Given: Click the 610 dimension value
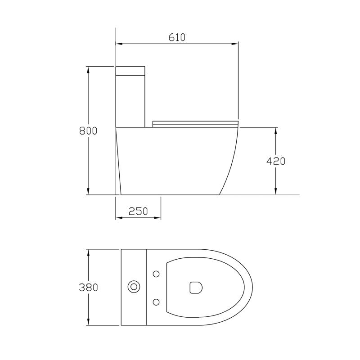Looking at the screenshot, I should pos(177,37).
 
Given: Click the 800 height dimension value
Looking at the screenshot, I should pos(88,131).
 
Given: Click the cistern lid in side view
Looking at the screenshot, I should pos(130,70).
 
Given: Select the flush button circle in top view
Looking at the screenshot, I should pos(134,287).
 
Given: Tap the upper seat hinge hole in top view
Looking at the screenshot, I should pos(156,273).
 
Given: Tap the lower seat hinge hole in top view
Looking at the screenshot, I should pos(156,301).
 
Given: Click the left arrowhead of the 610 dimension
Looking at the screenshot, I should pos(118,44).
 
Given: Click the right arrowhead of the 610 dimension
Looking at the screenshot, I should pos(235,44).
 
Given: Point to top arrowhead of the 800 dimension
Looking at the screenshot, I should pos(89,69).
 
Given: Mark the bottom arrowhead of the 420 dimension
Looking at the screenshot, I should pos(276,192).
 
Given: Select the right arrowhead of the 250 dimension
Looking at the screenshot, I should pos(158,218).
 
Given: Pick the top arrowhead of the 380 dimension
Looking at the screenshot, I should pos(89,252).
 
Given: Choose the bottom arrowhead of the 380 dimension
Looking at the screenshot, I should pos(89,323).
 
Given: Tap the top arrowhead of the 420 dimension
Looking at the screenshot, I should pos(276,130).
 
